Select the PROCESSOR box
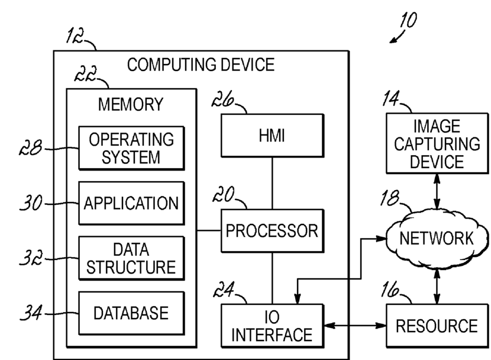[273, 230]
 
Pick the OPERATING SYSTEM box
[132, 148]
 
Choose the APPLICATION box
[132, 204]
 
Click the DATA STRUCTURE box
[132, 258]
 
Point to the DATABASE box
[132, 312]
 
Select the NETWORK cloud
[436, 239]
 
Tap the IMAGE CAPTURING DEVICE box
[437, 143]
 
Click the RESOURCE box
[437, 325]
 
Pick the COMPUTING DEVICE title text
[201, 65]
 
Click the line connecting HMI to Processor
[273, 183]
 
